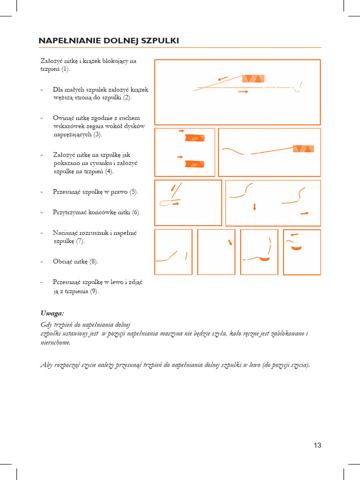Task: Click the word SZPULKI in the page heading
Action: pyautogui.click(x=162, y=41)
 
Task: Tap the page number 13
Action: pyautogui.click(x=317, y=445)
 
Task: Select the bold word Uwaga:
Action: pyautogui.click(x=52, y=313)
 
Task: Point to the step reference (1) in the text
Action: pyautogui.click(x=66, y=69)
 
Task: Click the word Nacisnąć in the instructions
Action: pyautogui.click(x=67, y=232)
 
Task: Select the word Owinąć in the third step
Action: pyautogui.click(x=64, y=118)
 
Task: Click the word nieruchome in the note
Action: pyautogui.click(x=56, y=342)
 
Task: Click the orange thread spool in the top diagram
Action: pyautogui.click(x=253, y=79)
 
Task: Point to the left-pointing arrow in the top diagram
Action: pyautogui.click(x=223, y=78)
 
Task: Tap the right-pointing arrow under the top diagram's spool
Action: pyautogui.click(x=243, y=92)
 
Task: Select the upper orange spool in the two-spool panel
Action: pyautogui.click(x=195, y=138)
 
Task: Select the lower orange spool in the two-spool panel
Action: pyautogui.click(x=195, y=164)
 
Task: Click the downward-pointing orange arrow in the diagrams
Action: pyautogui.click(x=254, y=207)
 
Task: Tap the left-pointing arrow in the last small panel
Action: pyautogui.click(x=294, y=234)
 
